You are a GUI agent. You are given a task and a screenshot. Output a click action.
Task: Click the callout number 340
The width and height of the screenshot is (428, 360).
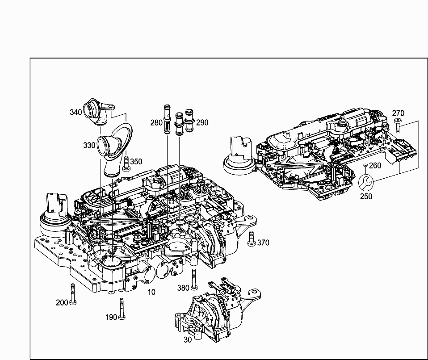coord(76,112)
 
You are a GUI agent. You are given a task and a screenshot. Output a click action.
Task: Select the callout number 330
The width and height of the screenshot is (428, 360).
coord(89,145)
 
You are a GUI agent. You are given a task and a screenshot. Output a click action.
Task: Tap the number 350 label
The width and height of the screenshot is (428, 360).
coord(136,162)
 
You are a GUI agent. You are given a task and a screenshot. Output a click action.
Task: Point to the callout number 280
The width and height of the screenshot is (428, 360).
coord(156,122)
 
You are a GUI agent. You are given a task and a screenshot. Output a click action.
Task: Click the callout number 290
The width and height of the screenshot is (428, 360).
coord(202,122)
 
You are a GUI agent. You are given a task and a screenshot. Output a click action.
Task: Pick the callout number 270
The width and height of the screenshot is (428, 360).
coord(399,113)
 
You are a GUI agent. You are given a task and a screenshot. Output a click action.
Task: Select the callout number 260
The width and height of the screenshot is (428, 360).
coord(375,166)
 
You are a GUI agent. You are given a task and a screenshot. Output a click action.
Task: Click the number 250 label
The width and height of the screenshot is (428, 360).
coord(366,196)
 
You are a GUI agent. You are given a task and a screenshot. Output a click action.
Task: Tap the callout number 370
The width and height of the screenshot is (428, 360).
coord(263,243)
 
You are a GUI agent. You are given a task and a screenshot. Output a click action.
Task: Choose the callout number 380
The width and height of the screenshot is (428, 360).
coord(183,288)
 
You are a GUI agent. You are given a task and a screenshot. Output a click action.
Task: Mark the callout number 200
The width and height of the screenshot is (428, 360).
coord(62,302)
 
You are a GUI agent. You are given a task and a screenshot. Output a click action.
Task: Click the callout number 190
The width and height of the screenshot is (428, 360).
coord(111,317)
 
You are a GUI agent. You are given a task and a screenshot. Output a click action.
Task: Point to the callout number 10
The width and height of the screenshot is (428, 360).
coord(151,292)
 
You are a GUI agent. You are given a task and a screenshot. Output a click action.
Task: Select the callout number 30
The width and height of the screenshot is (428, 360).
coord(188,339)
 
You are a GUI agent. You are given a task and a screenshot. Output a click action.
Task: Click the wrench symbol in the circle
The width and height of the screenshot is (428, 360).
coord(366,182)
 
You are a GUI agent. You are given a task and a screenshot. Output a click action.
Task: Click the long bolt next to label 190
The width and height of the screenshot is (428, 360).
coord(121,309)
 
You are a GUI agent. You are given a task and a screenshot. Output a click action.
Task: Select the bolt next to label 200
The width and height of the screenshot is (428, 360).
coord(72,295)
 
